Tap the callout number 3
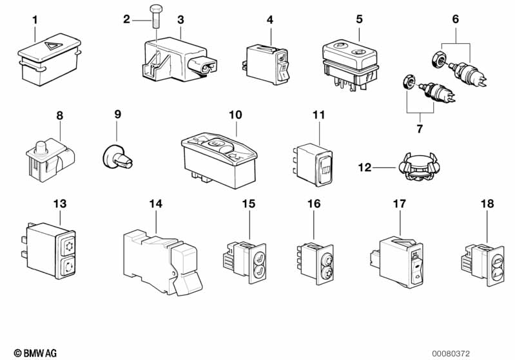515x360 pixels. (x=180, y=20)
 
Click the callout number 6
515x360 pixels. (x=455, y=19)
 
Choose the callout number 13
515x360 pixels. (x=59, y=204)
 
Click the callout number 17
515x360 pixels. (x=400, y=204)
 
